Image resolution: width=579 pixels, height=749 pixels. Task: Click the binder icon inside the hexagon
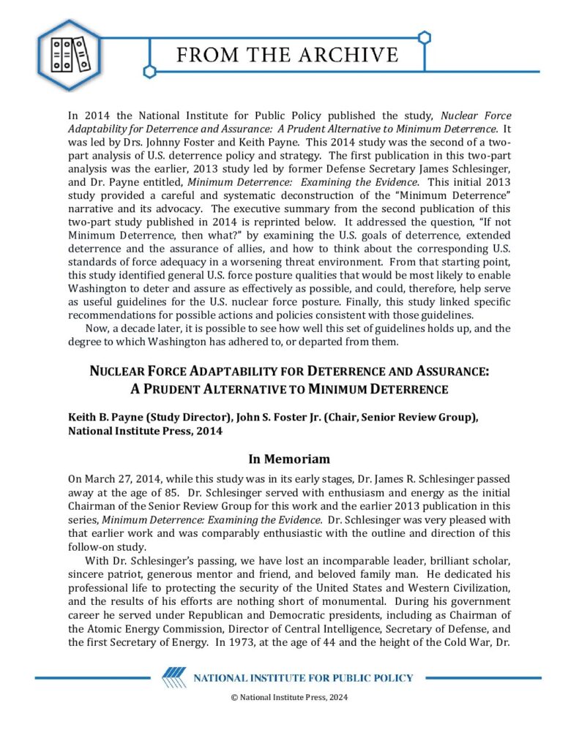[70, 56]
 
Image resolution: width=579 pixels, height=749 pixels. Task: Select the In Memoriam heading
[289, 459]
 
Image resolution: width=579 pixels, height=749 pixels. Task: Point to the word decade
[141, 328]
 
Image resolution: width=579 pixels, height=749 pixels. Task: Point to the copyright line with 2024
[289, 697]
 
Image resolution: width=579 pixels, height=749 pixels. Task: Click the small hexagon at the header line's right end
[425, 37]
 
